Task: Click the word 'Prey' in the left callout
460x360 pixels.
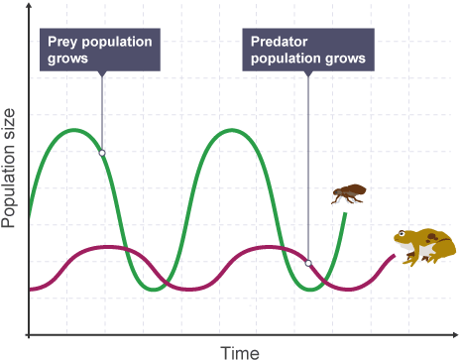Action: pos(62,43)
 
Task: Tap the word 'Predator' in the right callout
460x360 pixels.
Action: pos(280,42)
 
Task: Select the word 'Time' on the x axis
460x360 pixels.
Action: pos(240,352)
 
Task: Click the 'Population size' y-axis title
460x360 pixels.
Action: pos(8,168)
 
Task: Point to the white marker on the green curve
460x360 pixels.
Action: pos(102,153)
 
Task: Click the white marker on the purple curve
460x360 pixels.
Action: pos(308,263)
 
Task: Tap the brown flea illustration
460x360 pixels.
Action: pos(349,193)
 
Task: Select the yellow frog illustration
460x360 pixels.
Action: pos(425,247)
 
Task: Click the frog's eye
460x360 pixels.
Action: pos(402,234)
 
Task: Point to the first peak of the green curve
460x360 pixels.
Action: pos(74,130)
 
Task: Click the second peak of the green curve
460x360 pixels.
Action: pos(232,130)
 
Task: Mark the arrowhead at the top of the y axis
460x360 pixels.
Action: pos(29,6)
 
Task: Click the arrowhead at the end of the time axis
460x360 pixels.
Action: pos(455,335)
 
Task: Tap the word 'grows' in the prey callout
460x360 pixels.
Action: pos(67,59)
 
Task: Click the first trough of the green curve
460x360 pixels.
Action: pos(154,290)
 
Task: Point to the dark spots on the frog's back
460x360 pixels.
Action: pos(432,237)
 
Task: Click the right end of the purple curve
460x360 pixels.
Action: pos(395,255)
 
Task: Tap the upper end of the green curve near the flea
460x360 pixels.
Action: pos(346,213)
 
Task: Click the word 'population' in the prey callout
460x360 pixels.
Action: pos(117,43)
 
